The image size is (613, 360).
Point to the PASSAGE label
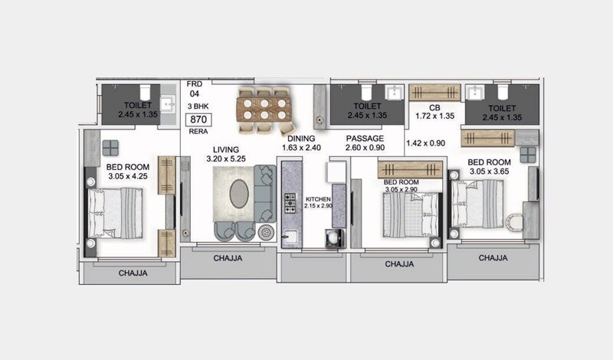[x=365, y=139]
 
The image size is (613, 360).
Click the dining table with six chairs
[x=264, y=106]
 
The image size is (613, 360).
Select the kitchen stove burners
[x=291, y=203]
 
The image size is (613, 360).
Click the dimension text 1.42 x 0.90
[x=425, y=142]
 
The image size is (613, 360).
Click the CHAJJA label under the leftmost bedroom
[x=133, y=273]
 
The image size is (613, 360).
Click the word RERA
[x=198, y=132]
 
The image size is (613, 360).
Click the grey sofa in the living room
[x=264, y=192]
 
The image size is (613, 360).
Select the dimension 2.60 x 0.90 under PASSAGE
[x=364, y=148]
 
